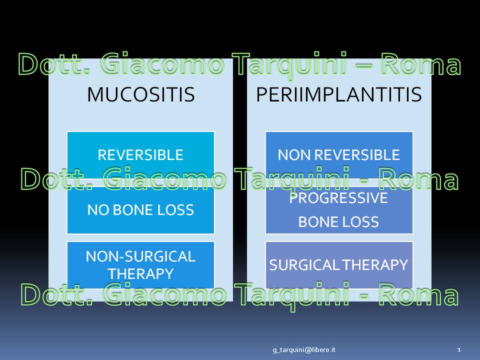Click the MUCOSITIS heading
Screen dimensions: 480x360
point(141,94)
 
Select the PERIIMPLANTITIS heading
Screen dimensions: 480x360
point(339,94)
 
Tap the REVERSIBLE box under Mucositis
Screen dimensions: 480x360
point(140,155)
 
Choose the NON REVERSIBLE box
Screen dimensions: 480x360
point(339,155)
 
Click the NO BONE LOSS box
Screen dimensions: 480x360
point(140,210)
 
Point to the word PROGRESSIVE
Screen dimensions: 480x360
point(338,198)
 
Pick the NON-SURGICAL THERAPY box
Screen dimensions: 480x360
point(140,265)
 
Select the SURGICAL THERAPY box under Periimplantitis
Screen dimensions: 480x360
point(339,265)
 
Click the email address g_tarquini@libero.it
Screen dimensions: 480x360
point(304,349)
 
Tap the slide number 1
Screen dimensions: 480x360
point(459,349)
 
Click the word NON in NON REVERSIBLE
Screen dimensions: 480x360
point(294,155)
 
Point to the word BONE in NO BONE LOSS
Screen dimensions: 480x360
point(133,210)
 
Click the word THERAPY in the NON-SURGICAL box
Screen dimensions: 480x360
point(141,273)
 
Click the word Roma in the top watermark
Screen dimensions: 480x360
point(420,64)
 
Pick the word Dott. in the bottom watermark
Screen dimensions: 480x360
point(56,294)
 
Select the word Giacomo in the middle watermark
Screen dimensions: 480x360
point(164,179)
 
